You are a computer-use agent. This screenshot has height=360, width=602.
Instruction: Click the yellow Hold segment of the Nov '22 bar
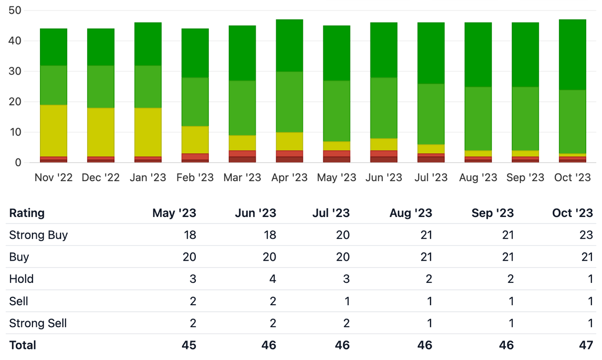coord(54,131)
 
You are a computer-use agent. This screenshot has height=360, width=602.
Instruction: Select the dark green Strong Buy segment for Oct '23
coord(572,55)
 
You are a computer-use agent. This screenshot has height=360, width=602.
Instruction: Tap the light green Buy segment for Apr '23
coord(289,102)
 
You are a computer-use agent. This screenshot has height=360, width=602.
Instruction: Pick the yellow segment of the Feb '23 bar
coord(195,140)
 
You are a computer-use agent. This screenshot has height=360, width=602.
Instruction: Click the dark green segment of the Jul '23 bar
coord(431,53)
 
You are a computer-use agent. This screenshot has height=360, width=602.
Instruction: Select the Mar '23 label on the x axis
coord(242,177)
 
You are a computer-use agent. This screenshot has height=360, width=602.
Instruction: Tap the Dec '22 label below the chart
coord(101,177)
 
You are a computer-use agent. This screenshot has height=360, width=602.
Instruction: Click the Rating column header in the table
coord(27,213)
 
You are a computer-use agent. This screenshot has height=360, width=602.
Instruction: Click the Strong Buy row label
coord(39,235)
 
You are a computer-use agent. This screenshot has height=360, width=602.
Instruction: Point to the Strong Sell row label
coord(38,323)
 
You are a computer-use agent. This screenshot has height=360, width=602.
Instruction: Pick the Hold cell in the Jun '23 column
coord(273,279)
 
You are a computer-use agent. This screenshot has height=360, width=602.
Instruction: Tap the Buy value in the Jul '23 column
coord(343,257)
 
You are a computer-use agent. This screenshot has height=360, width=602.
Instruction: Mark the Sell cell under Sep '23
coord(511,301)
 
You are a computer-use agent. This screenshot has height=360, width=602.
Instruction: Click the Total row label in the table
coord(23,345)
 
